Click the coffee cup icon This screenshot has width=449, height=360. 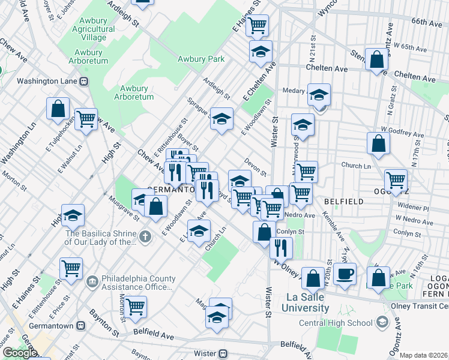(x=345, y=275)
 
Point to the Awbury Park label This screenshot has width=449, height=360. (x=201, y=59)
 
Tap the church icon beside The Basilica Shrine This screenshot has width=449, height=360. (x=145, y=238)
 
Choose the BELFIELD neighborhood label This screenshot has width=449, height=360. (x=343, y=202)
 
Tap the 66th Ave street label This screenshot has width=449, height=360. (x=426, y=22)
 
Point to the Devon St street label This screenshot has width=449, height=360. (x=255, y=167)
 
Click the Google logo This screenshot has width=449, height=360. (x=20, y=352)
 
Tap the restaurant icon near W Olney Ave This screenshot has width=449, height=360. (x=280, y=247)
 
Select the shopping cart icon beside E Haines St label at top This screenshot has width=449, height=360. (x=258, y=25)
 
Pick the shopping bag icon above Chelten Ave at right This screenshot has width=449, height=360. (x=376, y=59)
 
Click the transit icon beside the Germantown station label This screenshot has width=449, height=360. (x=80, y=325)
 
